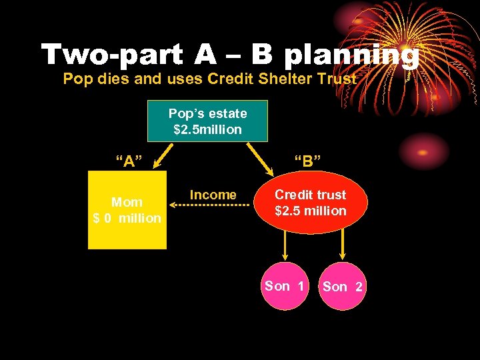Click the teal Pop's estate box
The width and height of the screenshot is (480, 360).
(x=207, y=121)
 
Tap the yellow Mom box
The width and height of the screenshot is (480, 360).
(x=127, y=210)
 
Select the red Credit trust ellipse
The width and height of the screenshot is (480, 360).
(x=311, y=204)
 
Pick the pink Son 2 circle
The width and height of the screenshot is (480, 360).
(x=342, y=287)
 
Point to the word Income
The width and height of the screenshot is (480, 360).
(x=213, y=195)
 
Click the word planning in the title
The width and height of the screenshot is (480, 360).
(x=351, y=55)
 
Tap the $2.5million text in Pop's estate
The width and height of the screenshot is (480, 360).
(x=207, y=129)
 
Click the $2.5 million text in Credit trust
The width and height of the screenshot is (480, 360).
(x=311, y=211)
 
